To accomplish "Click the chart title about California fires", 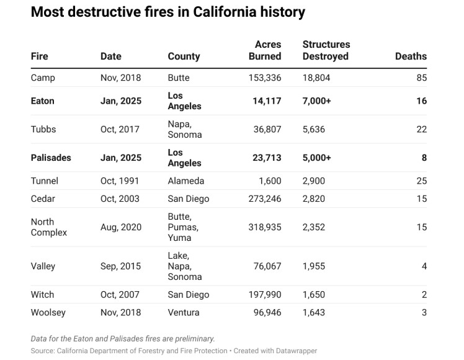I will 167,12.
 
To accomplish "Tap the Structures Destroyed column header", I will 326,50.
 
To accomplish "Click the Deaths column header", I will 411,56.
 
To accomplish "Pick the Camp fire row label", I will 43,78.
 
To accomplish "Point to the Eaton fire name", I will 42,101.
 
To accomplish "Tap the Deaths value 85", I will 421,78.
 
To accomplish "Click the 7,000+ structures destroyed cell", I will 316,101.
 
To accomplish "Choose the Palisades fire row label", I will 51,158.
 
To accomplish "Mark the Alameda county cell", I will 186,181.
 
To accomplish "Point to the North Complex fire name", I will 49,227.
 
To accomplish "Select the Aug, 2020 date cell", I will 121,227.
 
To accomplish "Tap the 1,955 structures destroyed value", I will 314,266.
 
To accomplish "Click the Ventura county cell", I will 184,312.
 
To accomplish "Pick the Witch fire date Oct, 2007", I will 120,294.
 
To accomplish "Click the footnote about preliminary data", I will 123,338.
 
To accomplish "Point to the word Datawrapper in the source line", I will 295,351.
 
